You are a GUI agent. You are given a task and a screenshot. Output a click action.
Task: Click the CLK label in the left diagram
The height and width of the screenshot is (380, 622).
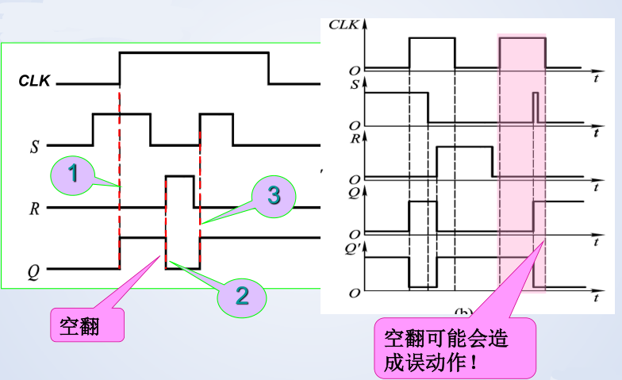(36, 81)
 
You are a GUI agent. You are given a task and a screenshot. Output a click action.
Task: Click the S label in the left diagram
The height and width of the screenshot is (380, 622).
(34, 146)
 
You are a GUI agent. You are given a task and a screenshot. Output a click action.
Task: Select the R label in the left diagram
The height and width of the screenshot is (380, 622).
(34, 209)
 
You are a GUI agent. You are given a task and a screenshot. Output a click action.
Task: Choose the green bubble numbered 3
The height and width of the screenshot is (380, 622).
(273, 196)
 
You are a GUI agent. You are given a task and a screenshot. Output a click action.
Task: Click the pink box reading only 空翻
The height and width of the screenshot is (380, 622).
(87, 324)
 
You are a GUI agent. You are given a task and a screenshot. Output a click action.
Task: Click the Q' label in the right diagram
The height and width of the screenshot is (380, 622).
(355, 247)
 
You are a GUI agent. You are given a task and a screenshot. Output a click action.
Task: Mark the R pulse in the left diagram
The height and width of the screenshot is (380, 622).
(180, 191)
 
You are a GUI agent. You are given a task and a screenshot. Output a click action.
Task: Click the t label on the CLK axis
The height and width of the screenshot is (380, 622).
(595, 80)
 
